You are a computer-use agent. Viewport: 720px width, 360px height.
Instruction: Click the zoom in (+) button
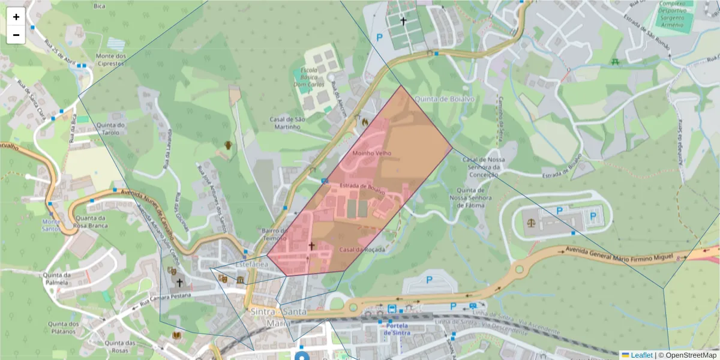16,17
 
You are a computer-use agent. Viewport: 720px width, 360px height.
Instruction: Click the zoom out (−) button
16,35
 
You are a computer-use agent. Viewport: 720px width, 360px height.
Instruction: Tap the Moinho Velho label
371,153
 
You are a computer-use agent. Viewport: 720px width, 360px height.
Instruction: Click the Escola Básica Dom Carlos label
309,77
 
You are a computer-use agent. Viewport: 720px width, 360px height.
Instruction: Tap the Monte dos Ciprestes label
111,60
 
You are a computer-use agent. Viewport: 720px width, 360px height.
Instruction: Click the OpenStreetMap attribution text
690,355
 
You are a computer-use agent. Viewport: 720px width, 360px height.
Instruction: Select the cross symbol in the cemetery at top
403,21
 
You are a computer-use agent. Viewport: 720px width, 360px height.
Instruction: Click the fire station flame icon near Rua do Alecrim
364,122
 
